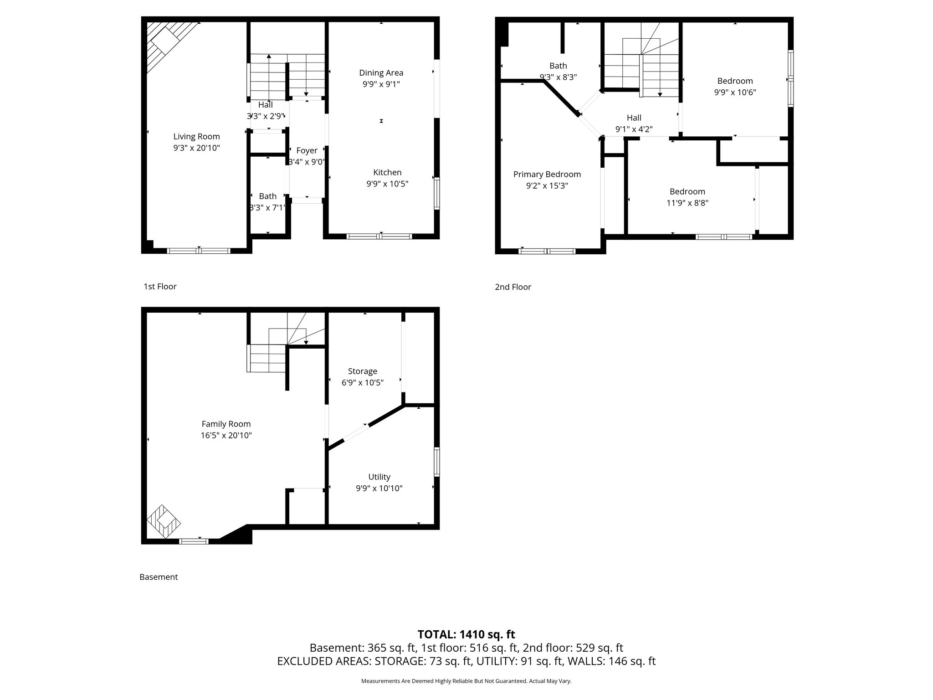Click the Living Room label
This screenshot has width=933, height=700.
point(196,136)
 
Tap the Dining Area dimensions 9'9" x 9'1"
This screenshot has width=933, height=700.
point(381,84)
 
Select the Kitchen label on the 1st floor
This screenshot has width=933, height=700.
point(387,172)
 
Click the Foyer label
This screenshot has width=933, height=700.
point(307,151)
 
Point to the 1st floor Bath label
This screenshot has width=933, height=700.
point(267,196)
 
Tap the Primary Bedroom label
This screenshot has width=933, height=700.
point(547,174)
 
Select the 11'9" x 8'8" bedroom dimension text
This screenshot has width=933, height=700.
point(687,203)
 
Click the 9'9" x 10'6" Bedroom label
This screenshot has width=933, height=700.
point(734,81)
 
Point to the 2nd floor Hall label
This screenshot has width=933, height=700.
point(634,118)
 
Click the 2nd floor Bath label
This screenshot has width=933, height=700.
point(558,66)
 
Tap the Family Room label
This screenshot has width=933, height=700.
point(226,424)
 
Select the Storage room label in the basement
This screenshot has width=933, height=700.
point(362,371)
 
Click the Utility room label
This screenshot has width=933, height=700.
point(379,477)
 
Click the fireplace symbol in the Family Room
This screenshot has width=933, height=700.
point(164,521)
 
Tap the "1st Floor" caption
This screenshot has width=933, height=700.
point(160,287)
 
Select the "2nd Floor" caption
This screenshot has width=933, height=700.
point(513,287)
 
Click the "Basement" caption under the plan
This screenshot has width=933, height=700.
point(159,577)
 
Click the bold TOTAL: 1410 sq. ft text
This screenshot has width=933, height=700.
point(466,634)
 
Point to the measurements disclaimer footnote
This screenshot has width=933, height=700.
point(466,681)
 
